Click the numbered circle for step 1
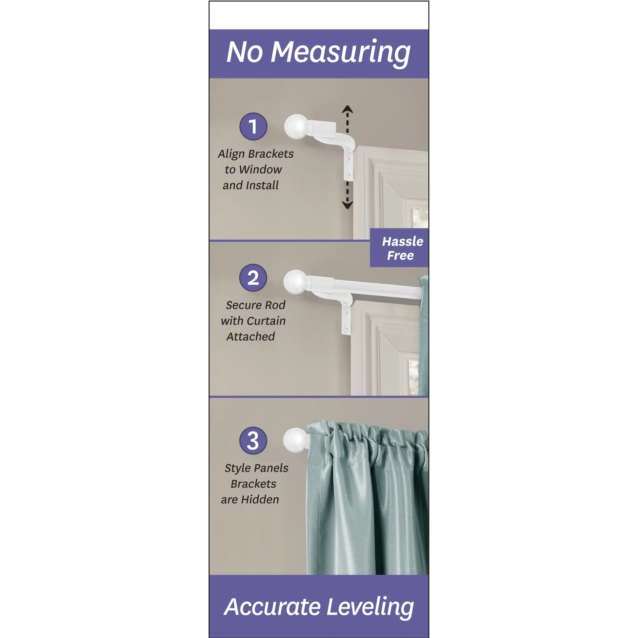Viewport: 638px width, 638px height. coord(253,127)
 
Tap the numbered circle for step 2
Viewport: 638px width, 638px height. coord(253,278)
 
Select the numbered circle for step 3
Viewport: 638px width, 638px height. coord(253,441)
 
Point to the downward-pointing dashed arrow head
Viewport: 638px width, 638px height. coord(347,205)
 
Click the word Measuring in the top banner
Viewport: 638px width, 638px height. coord(340,53)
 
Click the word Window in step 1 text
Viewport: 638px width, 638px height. coord(261,170)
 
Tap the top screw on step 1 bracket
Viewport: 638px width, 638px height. coord(348,160)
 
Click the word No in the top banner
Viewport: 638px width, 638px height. coord(245,53)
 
